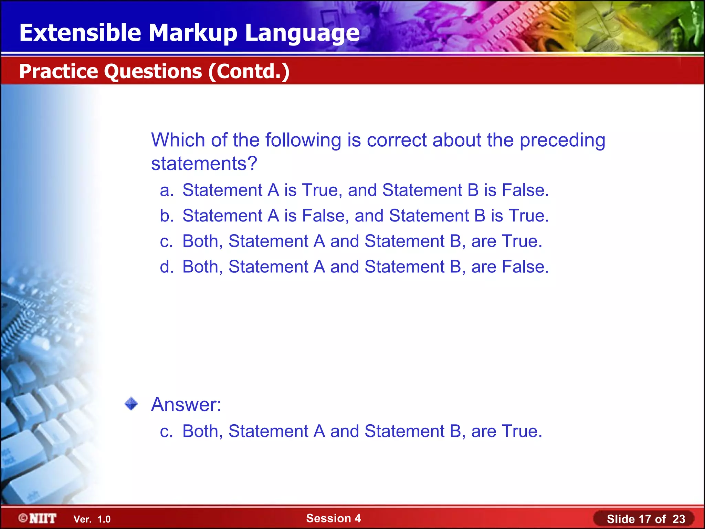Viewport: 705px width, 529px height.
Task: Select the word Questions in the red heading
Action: point(153,71)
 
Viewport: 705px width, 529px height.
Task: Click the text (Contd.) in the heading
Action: point(249,71)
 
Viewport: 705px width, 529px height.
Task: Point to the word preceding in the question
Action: point(562,141)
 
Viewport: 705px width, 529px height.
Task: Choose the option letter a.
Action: point(166,190)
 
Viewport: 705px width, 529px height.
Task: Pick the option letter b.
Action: point(166,216)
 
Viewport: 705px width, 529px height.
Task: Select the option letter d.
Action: point(166,267)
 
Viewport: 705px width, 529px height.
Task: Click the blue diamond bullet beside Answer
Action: point(131,404)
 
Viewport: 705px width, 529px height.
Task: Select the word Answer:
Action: point(186,404)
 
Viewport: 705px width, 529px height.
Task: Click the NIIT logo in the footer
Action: point(38,518)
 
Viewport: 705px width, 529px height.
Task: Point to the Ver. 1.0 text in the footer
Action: point(92,519)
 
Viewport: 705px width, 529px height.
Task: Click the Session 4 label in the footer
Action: point(333,518)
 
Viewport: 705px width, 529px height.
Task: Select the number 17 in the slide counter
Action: point(645,519)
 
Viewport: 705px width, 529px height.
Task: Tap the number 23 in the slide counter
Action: point(678,519)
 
